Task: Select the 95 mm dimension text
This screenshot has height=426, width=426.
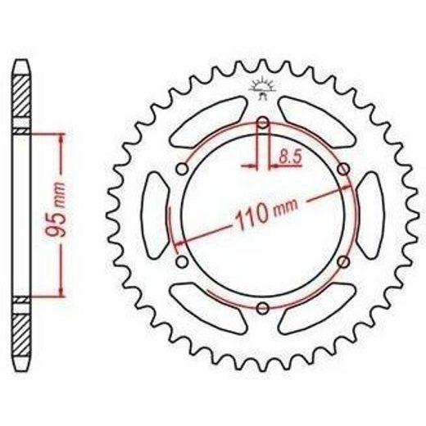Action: pos(56,209)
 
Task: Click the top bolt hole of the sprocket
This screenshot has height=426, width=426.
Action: pos(263,123)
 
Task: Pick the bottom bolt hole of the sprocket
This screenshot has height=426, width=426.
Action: pos(263,308)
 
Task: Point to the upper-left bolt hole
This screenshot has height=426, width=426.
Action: pos(182,169)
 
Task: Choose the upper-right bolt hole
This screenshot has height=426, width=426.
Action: pos(343,169)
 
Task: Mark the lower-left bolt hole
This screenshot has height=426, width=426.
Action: pos(182,262)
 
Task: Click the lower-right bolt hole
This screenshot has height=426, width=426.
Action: pos(343,262)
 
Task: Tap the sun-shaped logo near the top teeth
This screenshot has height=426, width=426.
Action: pos(263,88)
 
